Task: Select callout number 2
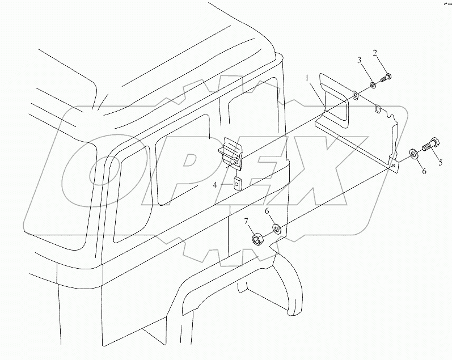pyautogui.click(x=375, y=53)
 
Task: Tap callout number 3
pyautogui.click(x=359, y=60)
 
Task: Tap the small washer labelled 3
pyautogui.click(x=372, y=85)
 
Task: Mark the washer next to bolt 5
pyautogui.click(x=413, y=153)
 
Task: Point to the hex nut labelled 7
pyautogui.click(x=257, y=239)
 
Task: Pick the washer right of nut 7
pyautogui.click(x=277, y=229)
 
